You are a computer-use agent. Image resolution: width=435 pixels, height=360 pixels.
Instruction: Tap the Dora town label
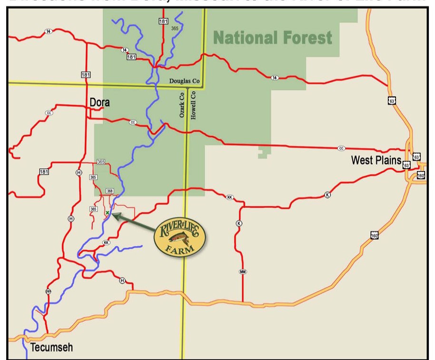[100, 102]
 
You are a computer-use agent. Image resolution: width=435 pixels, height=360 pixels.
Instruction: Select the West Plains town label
[376, 160]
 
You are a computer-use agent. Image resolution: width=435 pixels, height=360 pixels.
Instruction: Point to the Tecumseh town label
[52, 347]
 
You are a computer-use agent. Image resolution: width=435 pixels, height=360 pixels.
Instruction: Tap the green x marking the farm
[108, 213]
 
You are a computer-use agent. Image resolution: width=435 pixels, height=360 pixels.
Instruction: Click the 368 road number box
[110, 191]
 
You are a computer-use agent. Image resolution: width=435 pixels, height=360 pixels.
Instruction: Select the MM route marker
[243, 272]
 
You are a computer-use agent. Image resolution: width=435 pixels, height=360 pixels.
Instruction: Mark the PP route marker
[48, 291]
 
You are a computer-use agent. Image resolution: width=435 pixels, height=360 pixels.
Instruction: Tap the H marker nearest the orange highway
[122, 281]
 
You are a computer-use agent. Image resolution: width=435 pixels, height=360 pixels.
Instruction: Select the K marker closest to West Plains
[327, 195]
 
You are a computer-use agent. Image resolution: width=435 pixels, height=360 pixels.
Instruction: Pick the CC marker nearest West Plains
[341, 148]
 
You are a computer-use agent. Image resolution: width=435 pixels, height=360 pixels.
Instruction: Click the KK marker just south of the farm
[106, 243]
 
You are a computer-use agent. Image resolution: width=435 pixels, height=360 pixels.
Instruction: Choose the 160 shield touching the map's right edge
[421, 175]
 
